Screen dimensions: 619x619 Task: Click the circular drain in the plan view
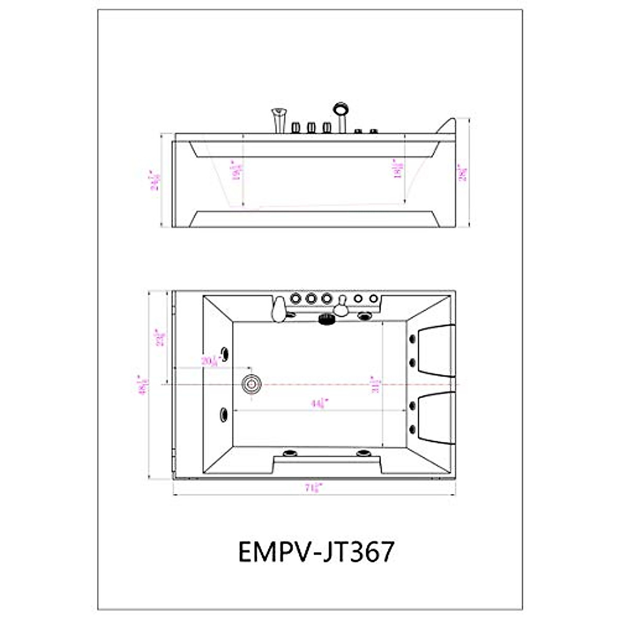click(252, 383)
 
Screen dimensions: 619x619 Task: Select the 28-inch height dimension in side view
click(463, 173)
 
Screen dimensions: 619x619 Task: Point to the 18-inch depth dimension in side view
click(398, 169)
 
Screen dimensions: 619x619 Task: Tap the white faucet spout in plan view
click(279, 309)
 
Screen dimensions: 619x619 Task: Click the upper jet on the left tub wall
click(225, 353)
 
